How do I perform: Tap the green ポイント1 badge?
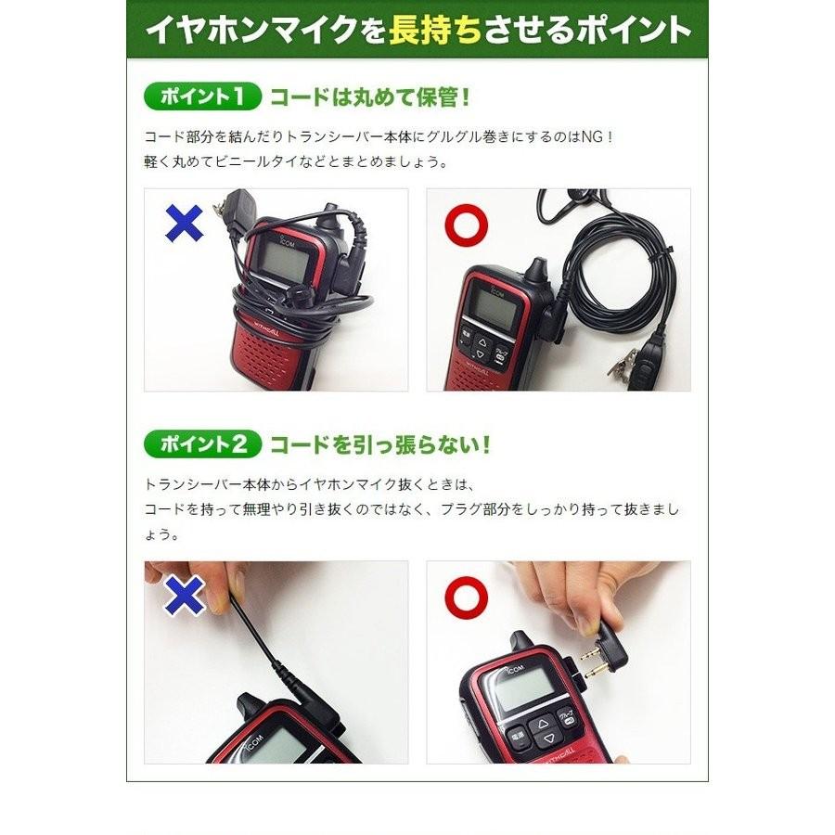pos(198,96)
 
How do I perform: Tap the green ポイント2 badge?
pos(198,444)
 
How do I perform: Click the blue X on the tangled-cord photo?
pos(185,223)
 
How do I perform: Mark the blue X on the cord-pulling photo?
pos(184,596)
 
